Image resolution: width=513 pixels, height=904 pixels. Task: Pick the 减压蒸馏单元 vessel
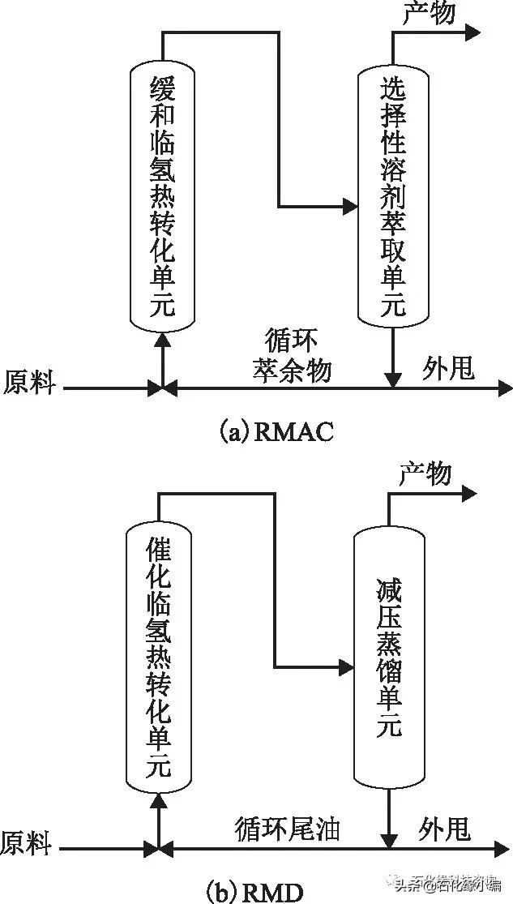(389, 657)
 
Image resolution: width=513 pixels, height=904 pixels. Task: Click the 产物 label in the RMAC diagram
(429, 14)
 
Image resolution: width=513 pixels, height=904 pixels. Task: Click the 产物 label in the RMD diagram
(425, 473)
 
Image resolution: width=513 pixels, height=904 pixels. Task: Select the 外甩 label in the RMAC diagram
(447, 370)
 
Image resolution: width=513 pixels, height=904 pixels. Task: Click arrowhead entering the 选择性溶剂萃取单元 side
(350, 206)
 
